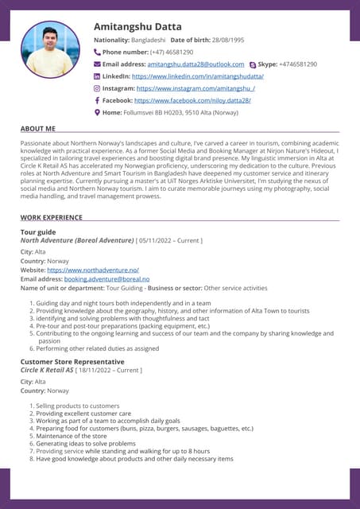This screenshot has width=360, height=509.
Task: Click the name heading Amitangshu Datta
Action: [x=137, y=26]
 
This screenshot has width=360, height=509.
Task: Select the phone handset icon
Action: [x=98, y=52]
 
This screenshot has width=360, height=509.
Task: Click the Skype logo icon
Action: [x=252, y=64]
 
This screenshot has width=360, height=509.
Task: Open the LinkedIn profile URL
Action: [x=197, y=76]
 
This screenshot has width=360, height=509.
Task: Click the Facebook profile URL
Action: [x=192, y=101]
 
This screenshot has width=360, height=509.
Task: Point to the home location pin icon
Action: [x=98, y=113]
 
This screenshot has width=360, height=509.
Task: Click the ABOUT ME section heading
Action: [x=37, y=128]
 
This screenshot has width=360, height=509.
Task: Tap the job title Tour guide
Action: [x=39, y=232]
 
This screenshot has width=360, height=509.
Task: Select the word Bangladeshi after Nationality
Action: [x=149, y=39]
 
